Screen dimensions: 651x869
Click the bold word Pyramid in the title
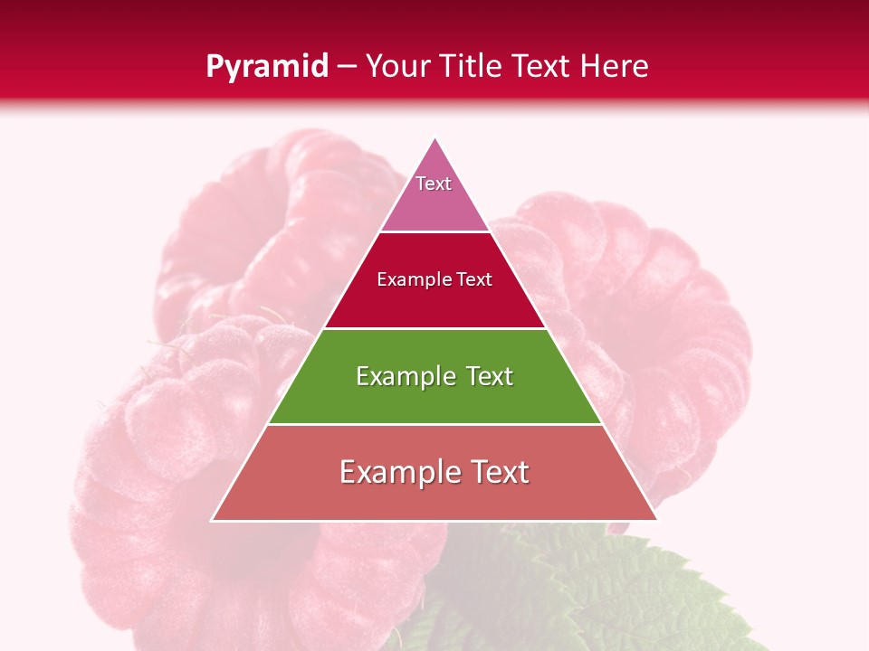click(x=267, y=67)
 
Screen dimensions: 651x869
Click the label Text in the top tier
click(x=434, y=184)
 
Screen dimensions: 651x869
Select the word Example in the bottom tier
click(x=396, y=472)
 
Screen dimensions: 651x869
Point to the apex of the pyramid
click(x=434, y=138)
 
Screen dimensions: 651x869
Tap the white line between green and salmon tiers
click(x=434, y=424)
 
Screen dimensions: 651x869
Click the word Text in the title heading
click(x=541, y=67)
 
